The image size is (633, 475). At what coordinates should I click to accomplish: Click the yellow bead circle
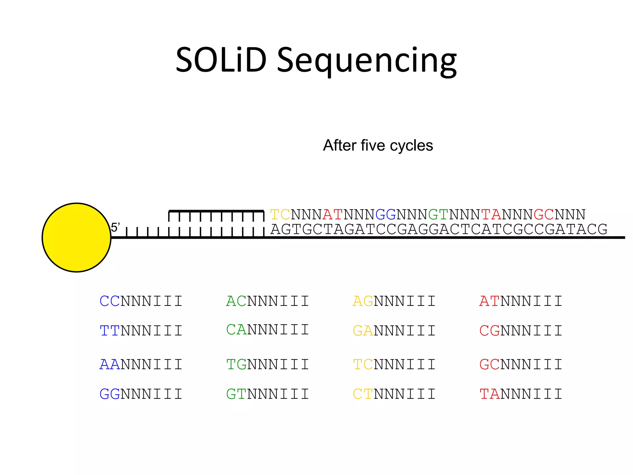(76, 237)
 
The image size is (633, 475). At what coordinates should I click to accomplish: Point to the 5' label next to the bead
(115, 228)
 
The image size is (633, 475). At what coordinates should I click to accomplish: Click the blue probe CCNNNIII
(141, 301)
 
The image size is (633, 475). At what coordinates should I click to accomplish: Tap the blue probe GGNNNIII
(141, 394)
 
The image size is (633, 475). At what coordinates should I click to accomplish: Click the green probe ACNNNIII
(268, 301)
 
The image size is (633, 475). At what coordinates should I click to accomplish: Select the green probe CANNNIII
(268, 330)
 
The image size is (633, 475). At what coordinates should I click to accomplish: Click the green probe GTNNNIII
(268, 394)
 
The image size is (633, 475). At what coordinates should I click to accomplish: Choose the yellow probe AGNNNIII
(394, 301)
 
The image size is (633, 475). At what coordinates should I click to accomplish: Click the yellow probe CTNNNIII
(394, 394)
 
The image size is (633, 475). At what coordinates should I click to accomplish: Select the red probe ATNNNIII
(521, 301)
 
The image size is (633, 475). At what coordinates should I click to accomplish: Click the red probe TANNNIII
(521, 394)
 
